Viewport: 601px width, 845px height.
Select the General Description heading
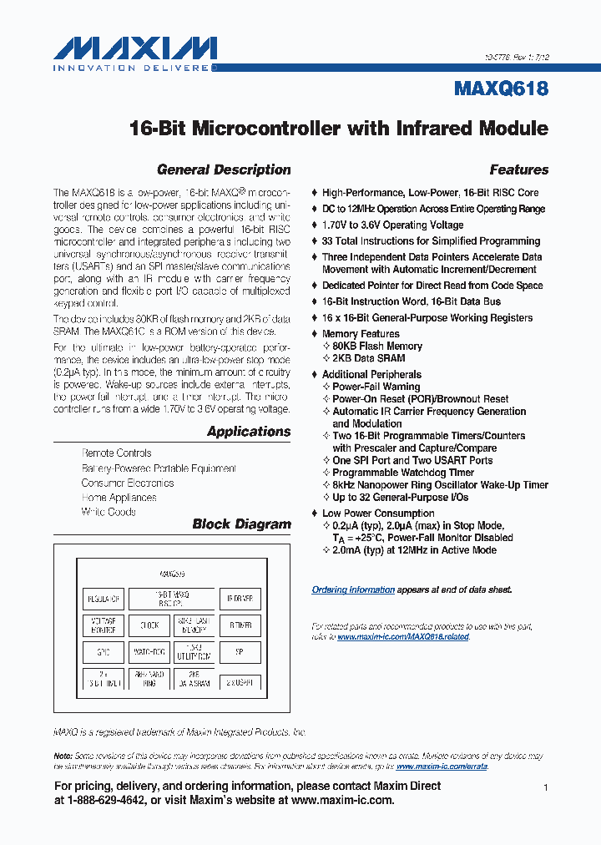coord(224,170)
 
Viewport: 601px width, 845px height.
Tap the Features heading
coord(518,170)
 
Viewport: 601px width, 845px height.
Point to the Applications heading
coord(249,432)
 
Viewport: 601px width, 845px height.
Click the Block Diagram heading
coord(241,524)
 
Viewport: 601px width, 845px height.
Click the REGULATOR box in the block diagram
coord(104,599)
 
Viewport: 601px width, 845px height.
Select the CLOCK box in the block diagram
coord(149,625)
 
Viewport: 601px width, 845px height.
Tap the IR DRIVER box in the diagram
coord(240,599)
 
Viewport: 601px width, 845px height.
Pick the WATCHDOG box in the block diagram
coord(149,652)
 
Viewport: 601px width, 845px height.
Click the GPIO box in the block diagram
coord(104,652)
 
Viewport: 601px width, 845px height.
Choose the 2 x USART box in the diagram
coord(240,681)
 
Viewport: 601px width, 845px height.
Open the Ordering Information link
coord(353,589)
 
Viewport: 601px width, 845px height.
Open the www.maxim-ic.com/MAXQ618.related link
coord(403,636)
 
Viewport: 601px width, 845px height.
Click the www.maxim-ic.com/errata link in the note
coord(442,766)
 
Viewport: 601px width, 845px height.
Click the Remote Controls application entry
coord(116,453)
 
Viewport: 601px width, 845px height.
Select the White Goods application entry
coord(109,512)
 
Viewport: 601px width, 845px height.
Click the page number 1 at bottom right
coord(545,788)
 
